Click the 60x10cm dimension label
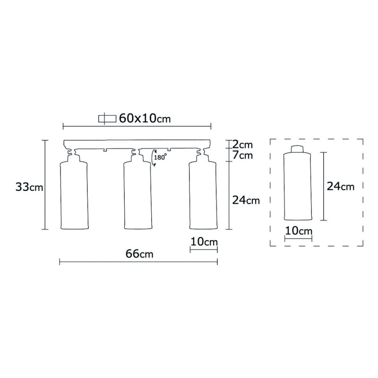(145, 119)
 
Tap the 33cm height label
(29, 187)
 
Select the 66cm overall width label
(140, 254)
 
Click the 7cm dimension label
(243, 155)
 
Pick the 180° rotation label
(161, 157)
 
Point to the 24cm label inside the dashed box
(340, 187)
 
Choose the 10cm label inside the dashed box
(299, 232)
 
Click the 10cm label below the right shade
(204, 241)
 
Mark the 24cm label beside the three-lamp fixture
(246, 200)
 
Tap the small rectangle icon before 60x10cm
(107, 119)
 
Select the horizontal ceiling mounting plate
(137, 144)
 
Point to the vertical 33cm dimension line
(45, 184)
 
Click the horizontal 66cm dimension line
(138, 261)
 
